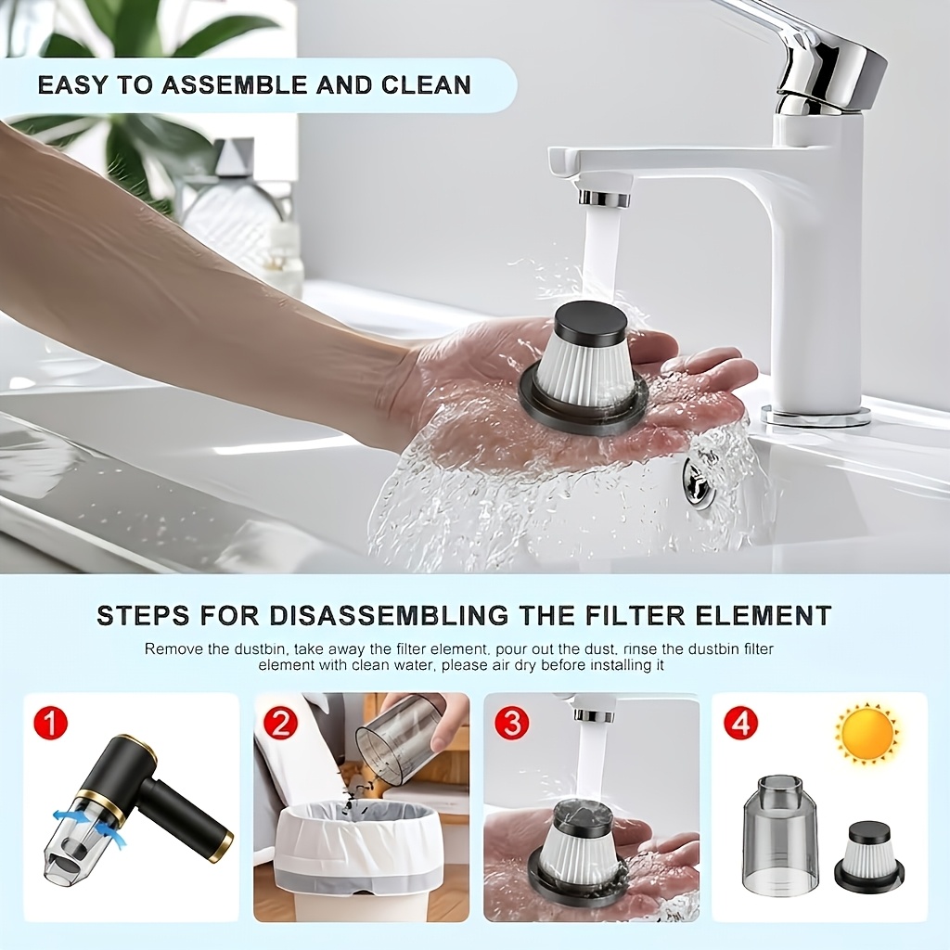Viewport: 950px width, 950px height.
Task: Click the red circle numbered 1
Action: [51, 723]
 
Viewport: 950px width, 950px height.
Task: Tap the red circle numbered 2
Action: [281, 723]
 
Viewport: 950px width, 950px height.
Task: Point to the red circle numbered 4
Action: [741, 723]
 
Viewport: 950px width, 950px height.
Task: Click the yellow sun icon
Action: [865, 734]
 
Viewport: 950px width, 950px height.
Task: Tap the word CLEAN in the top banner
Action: [426, 85]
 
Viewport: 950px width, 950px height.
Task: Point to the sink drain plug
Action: [700, 476]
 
